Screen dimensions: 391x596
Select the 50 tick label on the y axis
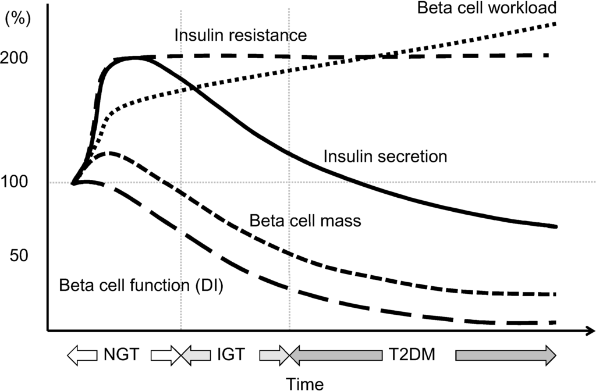pos(21,255)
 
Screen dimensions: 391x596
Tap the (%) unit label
pos(17,18)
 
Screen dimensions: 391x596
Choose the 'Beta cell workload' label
pos(487,8)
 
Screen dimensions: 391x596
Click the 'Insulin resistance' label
pos(240,35)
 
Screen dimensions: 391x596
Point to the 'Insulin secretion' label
pos(385,157)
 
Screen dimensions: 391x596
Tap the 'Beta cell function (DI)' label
pos(141,286)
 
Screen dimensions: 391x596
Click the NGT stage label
pos(122,354)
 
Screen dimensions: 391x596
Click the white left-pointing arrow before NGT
pos(81,354)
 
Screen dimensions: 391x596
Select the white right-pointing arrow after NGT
pos(166,354)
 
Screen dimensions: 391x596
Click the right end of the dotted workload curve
pos(556,24)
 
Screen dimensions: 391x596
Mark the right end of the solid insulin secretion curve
pos(556,226)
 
